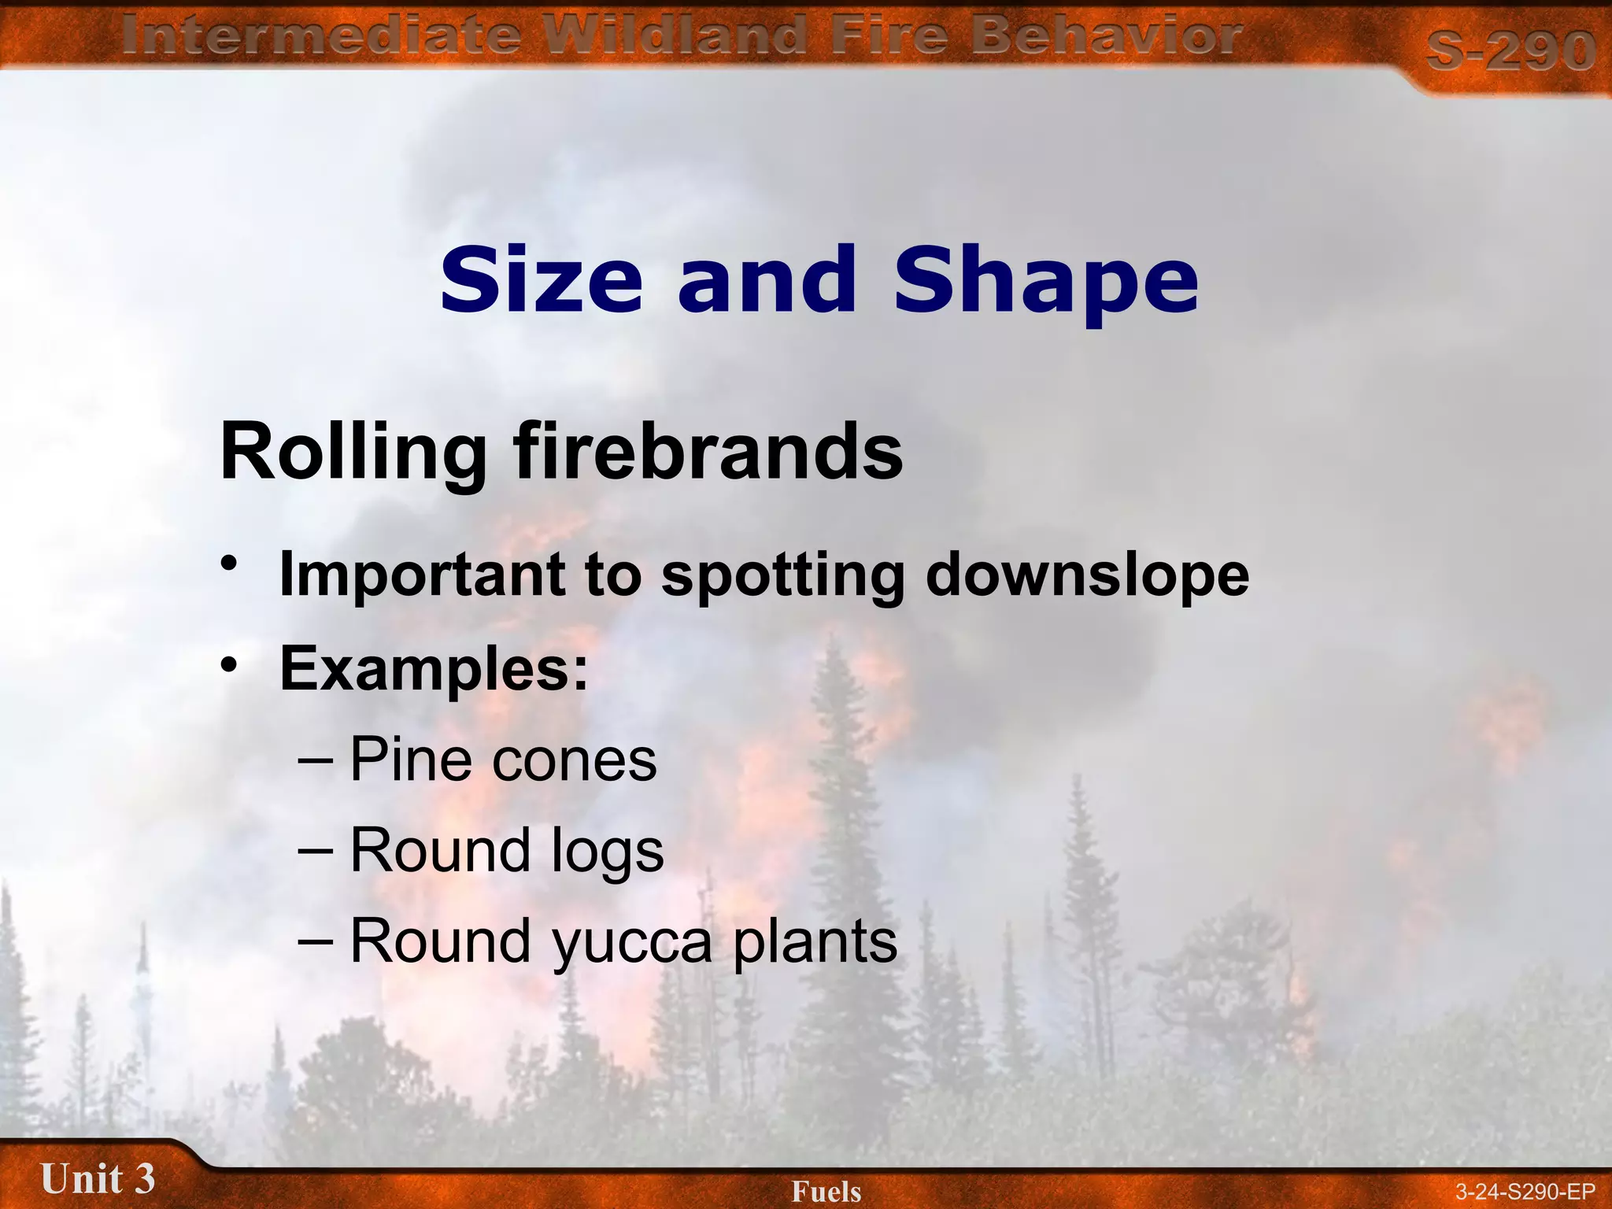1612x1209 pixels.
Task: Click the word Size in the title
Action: [541, 279]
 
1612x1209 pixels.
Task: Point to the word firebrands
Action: [708, 452]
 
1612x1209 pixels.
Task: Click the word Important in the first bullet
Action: [422, 575]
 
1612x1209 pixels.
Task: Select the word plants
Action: [815, 943]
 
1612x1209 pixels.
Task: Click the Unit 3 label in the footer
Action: [98, 1178]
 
